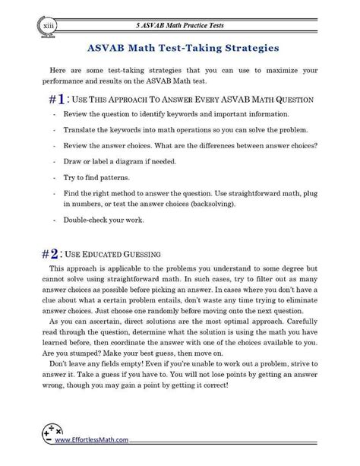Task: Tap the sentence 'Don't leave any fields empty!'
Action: click(x=107, y=374)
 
